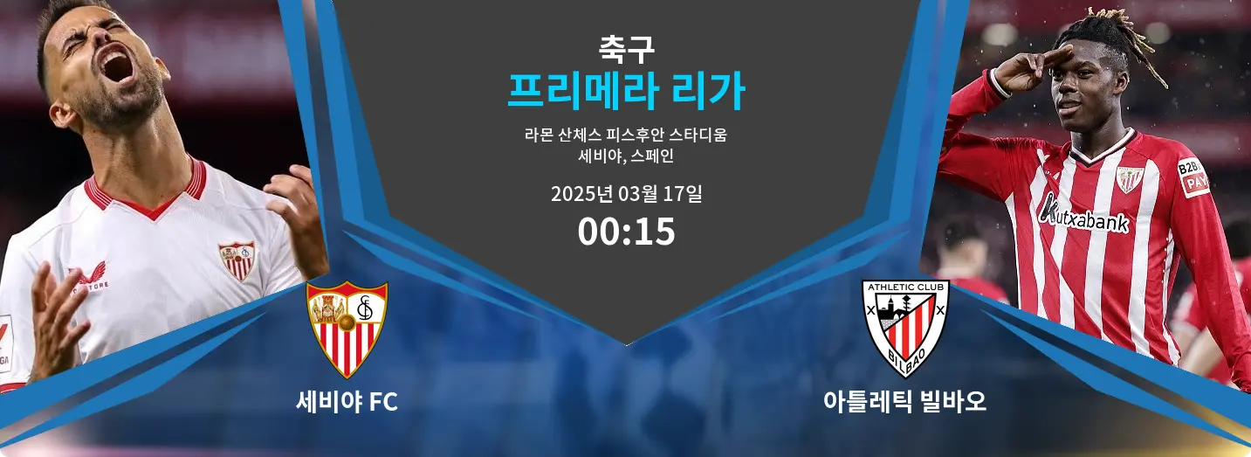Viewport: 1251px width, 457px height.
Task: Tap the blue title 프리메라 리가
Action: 626,91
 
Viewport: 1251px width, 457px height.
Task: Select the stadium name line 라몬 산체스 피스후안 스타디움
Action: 626,135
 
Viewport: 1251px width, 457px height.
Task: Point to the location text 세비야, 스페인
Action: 626,157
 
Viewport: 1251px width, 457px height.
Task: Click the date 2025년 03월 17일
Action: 626,194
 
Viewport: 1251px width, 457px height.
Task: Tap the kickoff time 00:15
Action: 626,232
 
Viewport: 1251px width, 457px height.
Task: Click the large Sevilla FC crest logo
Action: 347,329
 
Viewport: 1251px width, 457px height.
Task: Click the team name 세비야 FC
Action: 347,402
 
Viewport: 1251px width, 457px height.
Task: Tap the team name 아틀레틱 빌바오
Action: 904,402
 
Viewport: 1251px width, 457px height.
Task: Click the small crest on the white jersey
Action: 237,260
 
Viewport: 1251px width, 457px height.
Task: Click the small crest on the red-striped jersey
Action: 1130,178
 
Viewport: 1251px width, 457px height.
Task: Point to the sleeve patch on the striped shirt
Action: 1193,177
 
